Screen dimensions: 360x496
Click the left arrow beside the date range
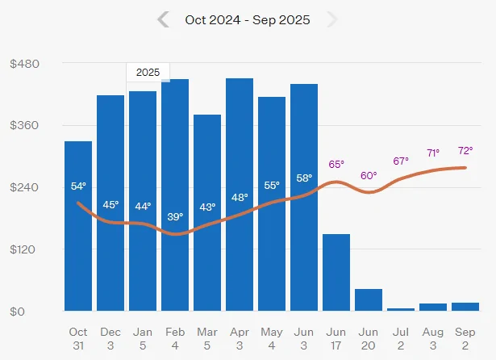click(x=164, y=19)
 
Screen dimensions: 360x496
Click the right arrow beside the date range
click(x=331, y=19)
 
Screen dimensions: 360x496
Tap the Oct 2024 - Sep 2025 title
click(x=248, y=19)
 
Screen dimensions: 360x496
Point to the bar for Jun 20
click(x=369, y=300)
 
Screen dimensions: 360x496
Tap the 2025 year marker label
click(x=148, y=72)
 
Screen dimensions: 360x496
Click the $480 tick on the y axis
click(x=25, y=64)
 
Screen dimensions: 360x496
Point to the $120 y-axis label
click(x=25, y=249)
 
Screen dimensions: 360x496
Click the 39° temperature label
click(x=175, y=216)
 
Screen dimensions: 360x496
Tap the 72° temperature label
click(x=465, y=151)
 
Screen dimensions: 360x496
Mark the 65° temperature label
click(x=336, y=165)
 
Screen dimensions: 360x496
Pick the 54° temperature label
click(x=78, y=186)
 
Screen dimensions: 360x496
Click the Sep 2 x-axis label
click(x=465, y=337)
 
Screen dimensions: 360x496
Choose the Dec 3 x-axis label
click(x=110, y=337)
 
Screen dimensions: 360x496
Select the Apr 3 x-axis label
click(x=240, y=337)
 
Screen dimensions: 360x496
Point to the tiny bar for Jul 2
click(x=401, y=309)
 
